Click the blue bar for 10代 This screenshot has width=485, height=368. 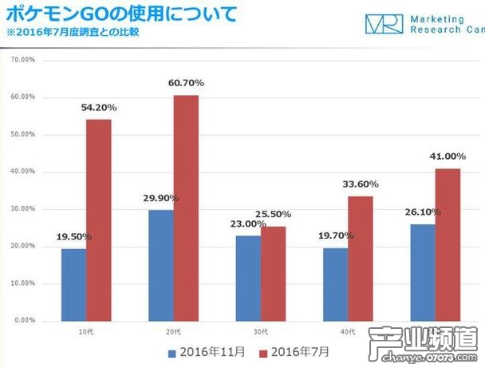point(73,284)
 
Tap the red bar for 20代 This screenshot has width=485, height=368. point(187,208)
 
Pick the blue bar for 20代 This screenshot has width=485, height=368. point(161,265)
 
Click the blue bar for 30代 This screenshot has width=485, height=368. point(248,278)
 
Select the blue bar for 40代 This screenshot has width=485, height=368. point(336,284)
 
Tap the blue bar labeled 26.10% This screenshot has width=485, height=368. point(423,272)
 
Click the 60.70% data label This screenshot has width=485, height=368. point(187,82)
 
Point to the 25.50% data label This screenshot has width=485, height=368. point(274,214)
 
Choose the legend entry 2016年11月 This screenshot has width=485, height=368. point(206,350)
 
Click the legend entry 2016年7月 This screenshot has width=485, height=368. point(294,350)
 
